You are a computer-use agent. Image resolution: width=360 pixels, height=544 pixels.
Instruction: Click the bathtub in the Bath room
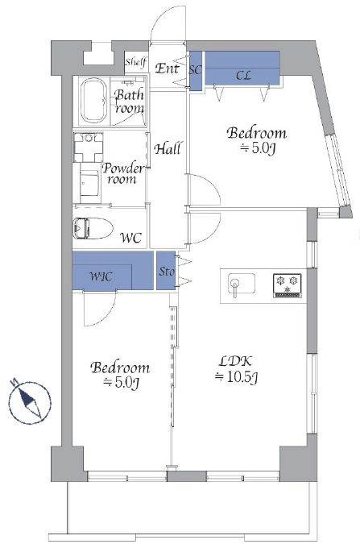point(93,101)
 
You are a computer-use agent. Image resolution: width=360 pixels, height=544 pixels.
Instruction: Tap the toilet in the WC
point(93,228)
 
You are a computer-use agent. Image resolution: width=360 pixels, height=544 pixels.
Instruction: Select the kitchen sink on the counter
point(242,284)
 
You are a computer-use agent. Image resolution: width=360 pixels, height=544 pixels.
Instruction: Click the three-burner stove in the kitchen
point(288,285)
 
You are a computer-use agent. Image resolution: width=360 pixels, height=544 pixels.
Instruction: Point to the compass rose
point(30,402)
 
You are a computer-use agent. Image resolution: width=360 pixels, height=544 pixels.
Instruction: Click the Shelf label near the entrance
point(136,62)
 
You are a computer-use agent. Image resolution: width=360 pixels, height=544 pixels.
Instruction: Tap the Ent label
point(167,69)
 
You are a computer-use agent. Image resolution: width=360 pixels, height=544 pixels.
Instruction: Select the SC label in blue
point(195,70)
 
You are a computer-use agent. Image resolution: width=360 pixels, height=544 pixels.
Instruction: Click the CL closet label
point(243,75)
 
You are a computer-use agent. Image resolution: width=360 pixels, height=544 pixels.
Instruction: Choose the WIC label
point(101,277)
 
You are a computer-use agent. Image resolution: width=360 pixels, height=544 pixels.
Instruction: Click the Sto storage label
point(167,272)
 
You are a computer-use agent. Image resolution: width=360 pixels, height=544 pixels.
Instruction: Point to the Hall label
point(168,149)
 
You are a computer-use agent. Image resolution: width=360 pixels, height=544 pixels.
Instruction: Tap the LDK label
point(235,361)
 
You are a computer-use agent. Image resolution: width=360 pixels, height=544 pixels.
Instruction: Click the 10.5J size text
point(236,377)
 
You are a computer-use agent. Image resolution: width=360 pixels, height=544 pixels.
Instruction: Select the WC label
point(130,238)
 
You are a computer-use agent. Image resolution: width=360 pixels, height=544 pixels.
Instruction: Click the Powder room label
point(123,173)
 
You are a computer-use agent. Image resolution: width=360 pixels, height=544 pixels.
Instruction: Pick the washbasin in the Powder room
point(89,147)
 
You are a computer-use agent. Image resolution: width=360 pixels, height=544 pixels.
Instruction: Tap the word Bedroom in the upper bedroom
point(257,133)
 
